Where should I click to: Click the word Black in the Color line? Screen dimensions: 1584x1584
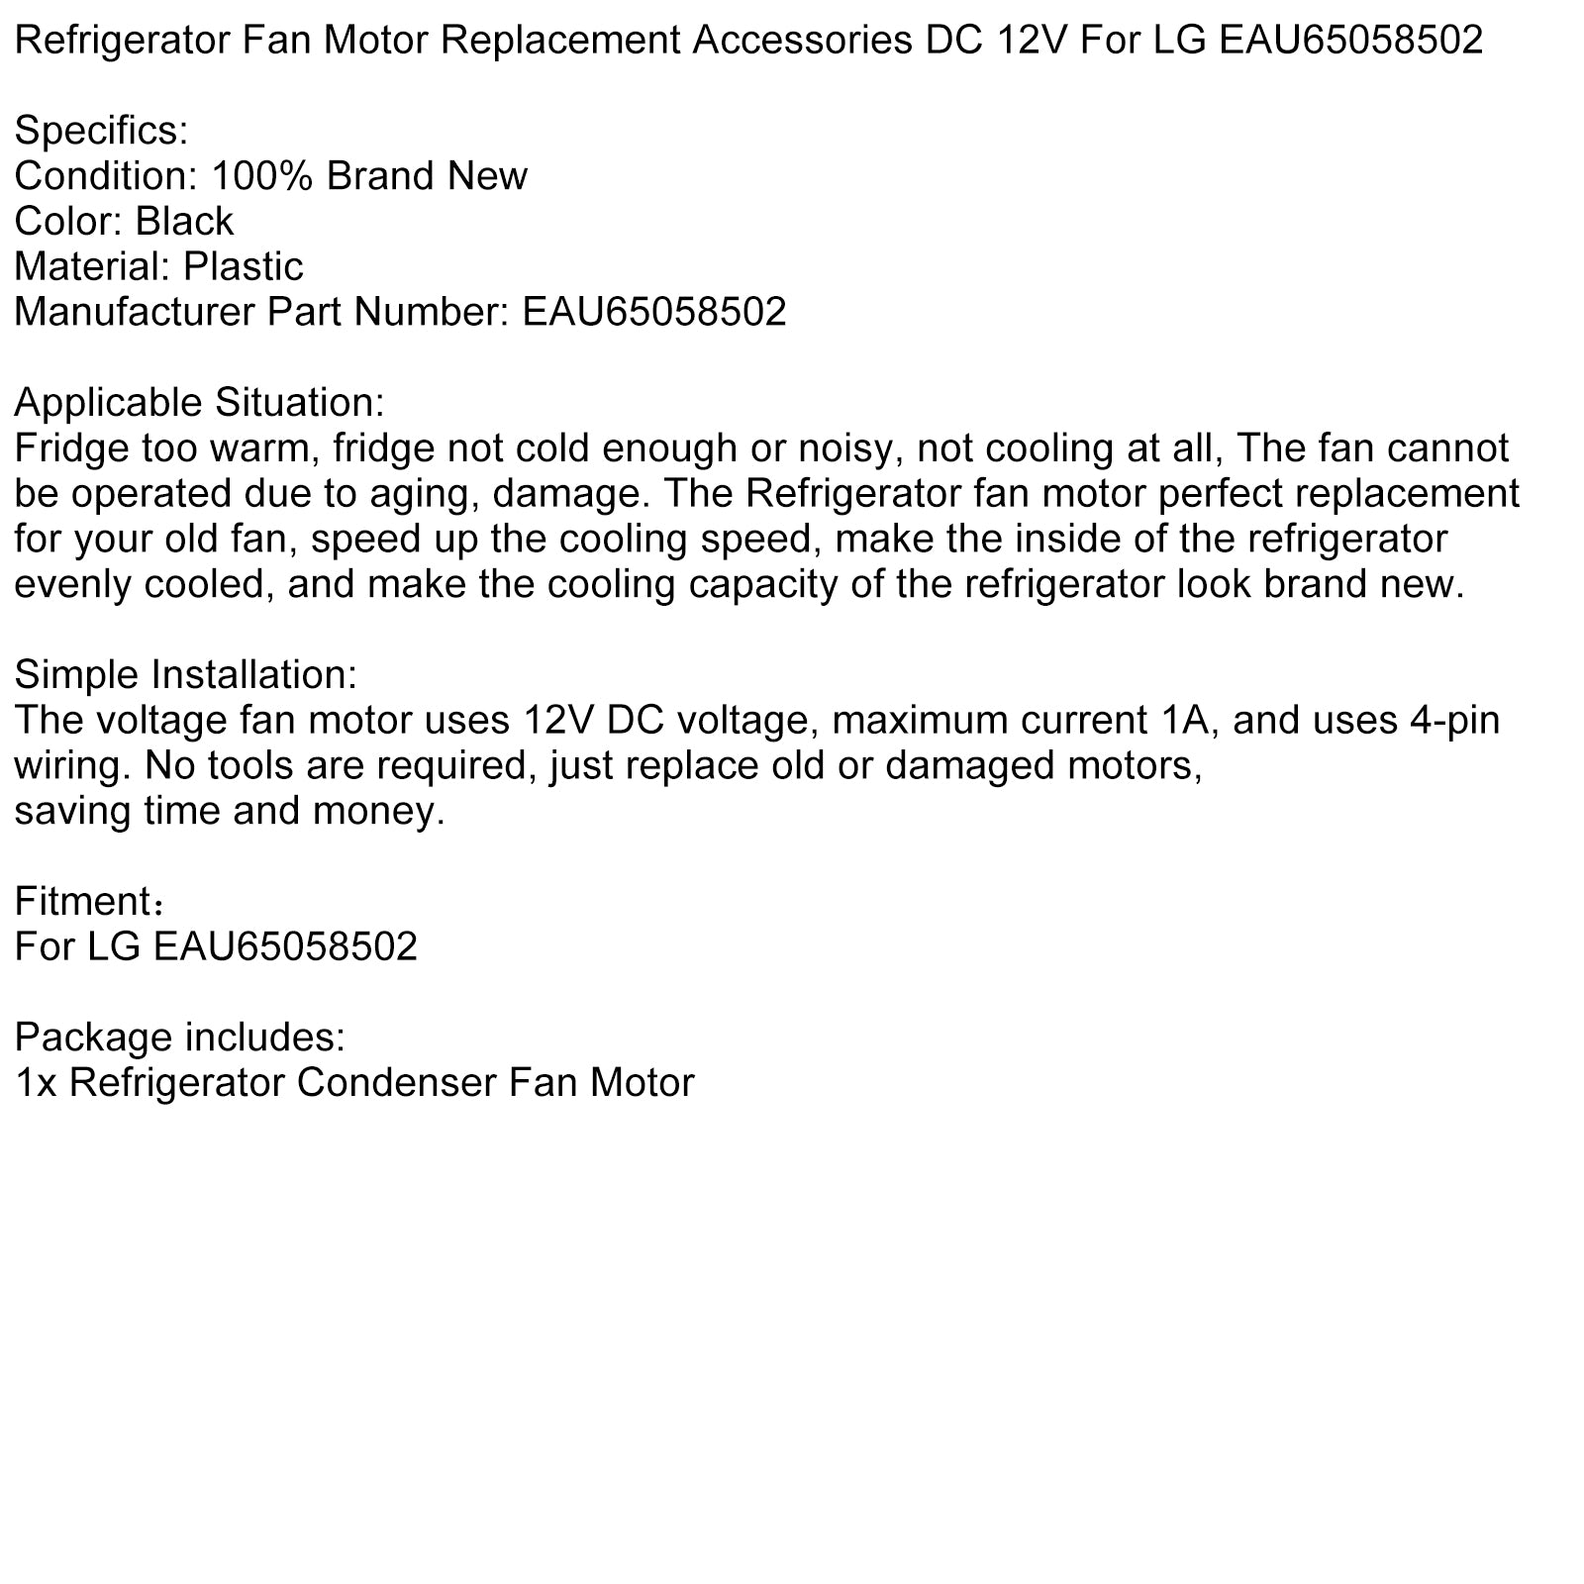184,221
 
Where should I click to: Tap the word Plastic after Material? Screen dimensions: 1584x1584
244,266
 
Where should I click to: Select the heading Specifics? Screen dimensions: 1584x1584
101,131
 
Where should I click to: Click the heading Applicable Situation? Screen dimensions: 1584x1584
199,403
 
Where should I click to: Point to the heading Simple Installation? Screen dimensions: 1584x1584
185,675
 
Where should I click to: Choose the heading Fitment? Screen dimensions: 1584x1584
84,902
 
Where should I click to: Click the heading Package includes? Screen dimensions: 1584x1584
180,1038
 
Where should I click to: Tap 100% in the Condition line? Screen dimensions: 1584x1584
262,176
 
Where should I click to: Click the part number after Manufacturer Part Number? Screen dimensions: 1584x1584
654,312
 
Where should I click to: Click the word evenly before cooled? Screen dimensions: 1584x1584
71,585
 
